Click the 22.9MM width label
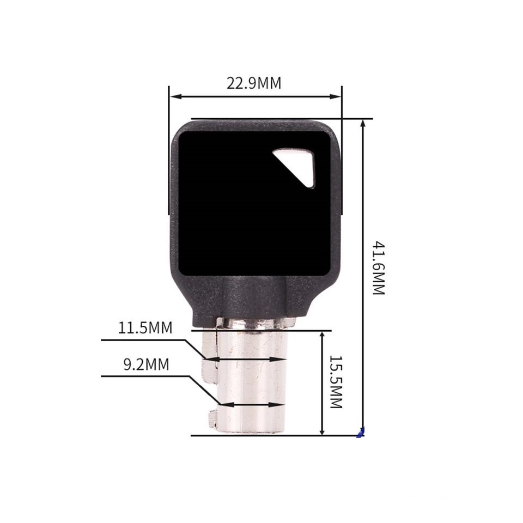pos(254,83)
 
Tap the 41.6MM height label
pos(379,268)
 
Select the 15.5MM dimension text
pos(336,381)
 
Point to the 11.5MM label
pos(145,328)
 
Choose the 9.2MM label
pos(147,364)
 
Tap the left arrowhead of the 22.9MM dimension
pos(175,97)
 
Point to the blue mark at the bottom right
pos(361,432)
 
